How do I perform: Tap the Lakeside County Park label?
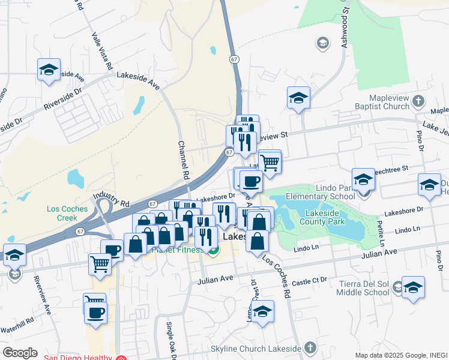tap(325, 217)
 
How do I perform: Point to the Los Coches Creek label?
tap(67, 213)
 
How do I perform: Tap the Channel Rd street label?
tap(183, 161)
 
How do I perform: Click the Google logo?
tap(20, 353)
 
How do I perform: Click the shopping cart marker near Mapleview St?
tap(270, 161)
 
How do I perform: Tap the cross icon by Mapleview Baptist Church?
tap(418, 105)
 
